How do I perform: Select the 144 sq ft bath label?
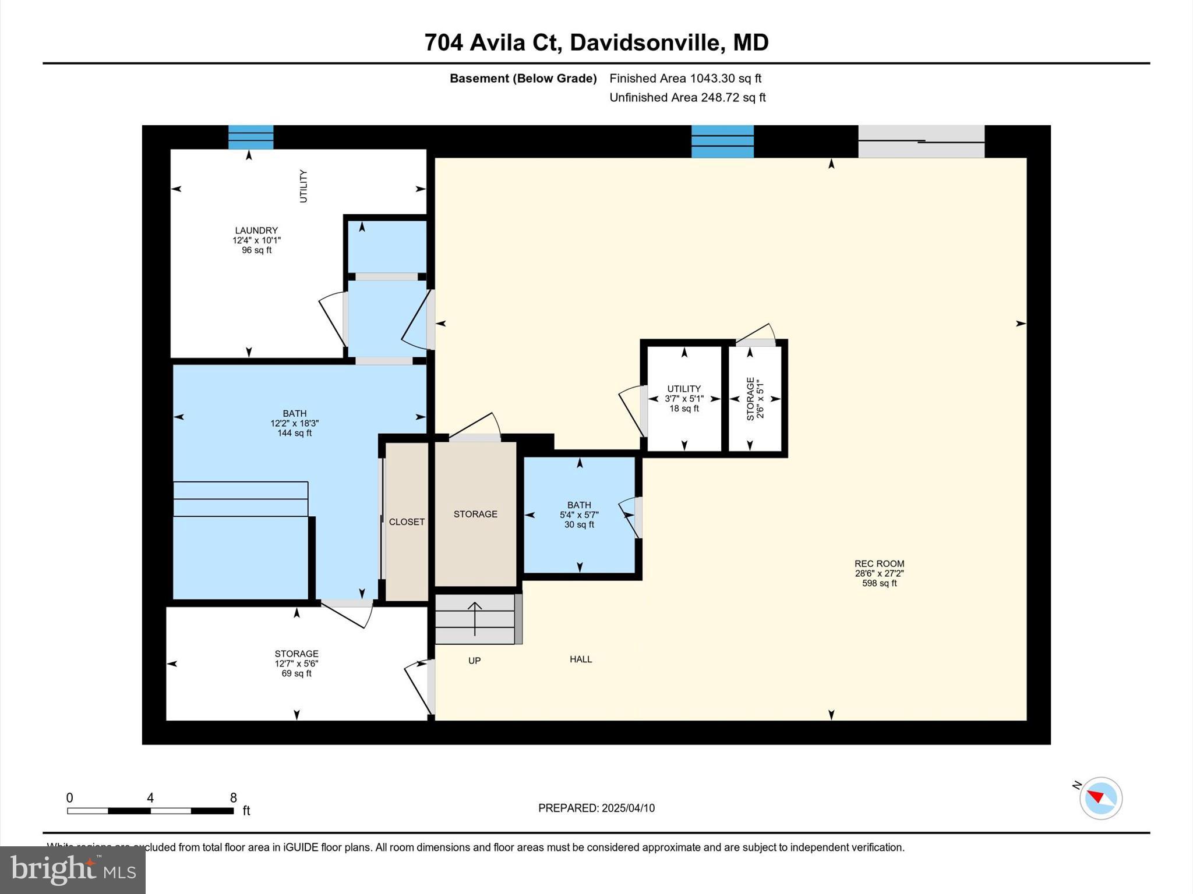click(x=295, y=423)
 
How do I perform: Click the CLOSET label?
click(x=407, y=522)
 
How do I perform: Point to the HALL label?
click(x=581, y=659)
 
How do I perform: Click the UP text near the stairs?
click(x=474, y=661)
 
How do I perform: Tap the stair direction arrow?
click(x=475, y=618)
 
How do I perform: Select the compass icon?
click(x=1100, y=798)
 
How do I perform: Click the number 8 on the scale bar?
click(x=233, y=798)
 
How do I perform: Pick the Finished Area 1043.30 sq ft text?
click(x=685, y=79)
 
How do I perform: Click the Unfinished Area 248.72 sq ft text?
click(x=687, y=98)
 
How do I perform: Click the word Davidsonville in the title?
click(x=647, y=42)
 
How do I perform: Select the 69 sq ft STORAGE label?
click(x=297, y=664)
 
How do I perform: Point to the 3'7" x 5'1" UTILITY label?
click(x=684, y=399)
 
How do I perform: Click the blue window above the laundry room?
click(x=250, y=137)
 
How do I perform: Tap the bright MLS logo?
click(x=73, y=870)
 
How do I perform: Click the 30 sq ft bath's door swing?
click(x=629, y=516)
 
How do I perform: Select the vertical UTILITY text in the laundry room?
click(x=303, y=186)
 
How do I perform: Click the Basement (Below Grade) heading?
click(x=523, y=79)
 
